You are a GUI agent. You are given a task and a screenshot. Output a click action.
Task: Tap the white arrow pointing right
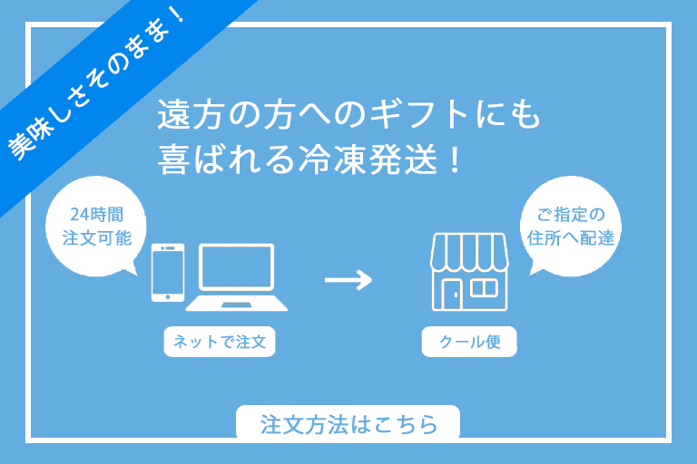pos(348,279)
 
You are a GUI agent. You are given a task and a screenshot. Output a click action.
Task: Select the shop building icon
pos(468,271)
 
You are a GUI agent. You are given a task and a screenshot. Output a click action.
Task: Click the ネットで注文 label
pos(219,343)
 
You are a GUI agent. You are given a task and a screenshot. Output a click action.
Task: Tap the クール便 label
pos(469,343)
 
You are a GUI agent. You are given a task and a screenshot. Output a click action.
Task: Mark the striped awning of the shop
pos(468,250)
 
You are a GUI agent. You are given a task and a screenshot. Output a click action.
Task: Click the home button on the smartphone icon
pos(166,294)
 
